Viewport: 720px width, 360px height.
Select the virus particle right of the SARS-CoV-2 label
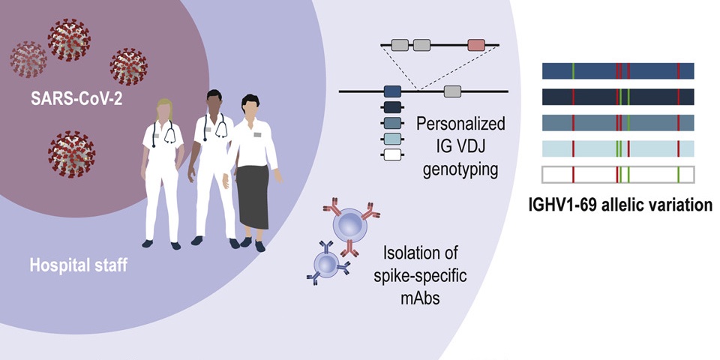pos(128,67)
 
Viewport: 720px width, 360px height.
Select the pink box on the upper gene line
pos(476,45)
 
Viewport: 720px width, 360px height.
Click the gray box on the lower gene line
pos(452,91)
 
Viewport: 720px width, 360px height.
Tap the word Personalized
pos(460,123)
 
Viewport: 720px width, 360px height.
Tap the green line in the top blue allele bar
pos(574,70)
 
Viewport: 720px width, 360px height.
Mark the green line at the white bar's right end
pos(677,174)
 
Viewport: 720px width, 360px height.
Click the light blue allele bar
pos(617,148)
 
